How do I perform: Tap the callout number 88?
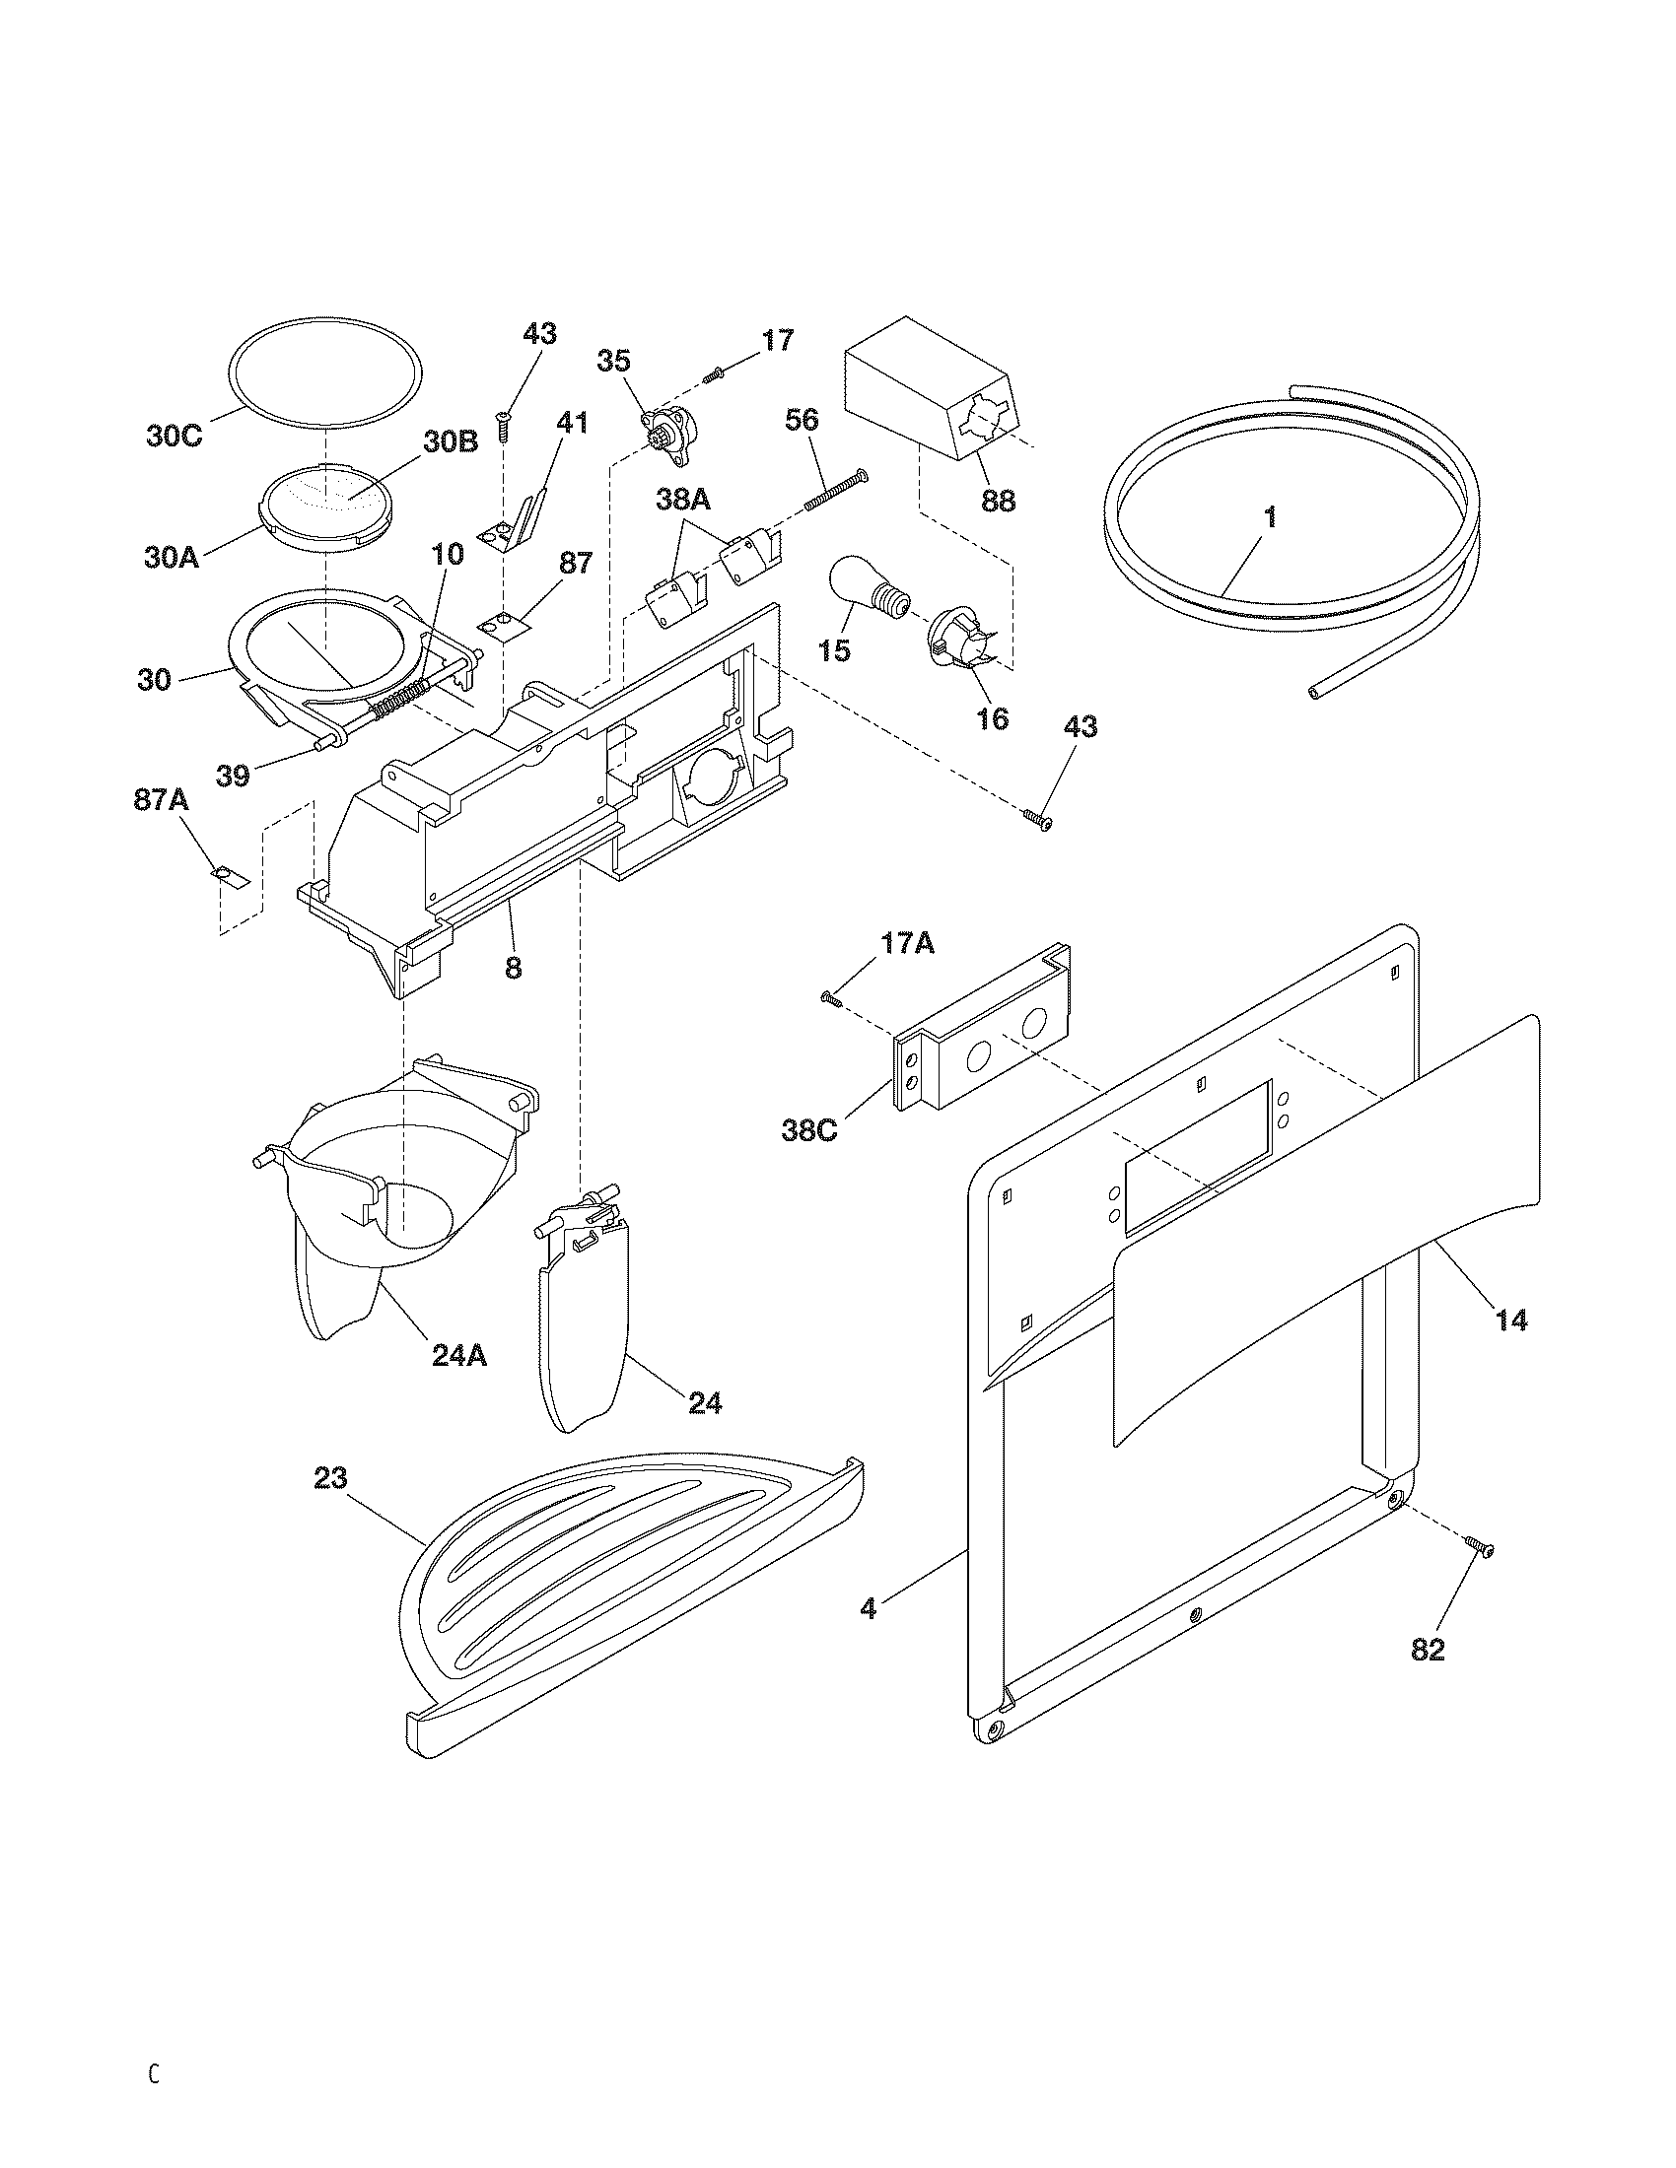click(998, 501)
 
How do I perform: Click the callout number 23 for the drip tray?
click(329, 1506)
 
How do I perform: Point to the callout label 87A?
click(161, 800)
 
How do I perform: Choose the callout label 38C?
click(809, 1130)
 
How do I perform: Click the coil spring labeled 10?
click(401, 699)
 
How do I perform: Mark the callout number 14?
click(1510, 1321)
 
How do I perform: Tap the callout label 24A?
click(458, 1355)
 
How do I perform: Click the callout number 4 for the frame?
click(868, 1609)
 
